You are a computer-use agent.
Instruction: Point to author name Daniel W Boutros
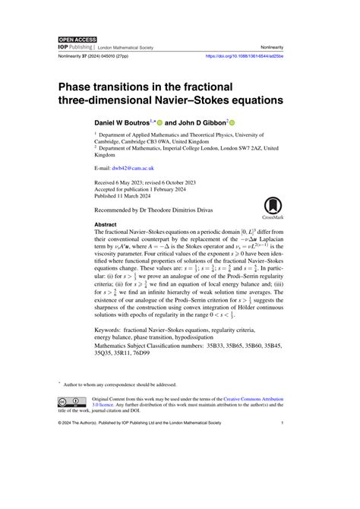(122, 121)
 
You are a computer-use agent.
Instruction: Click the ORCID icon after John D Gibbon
(232, 121)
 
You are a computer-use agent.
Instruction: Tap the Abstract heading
(105, 225)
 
